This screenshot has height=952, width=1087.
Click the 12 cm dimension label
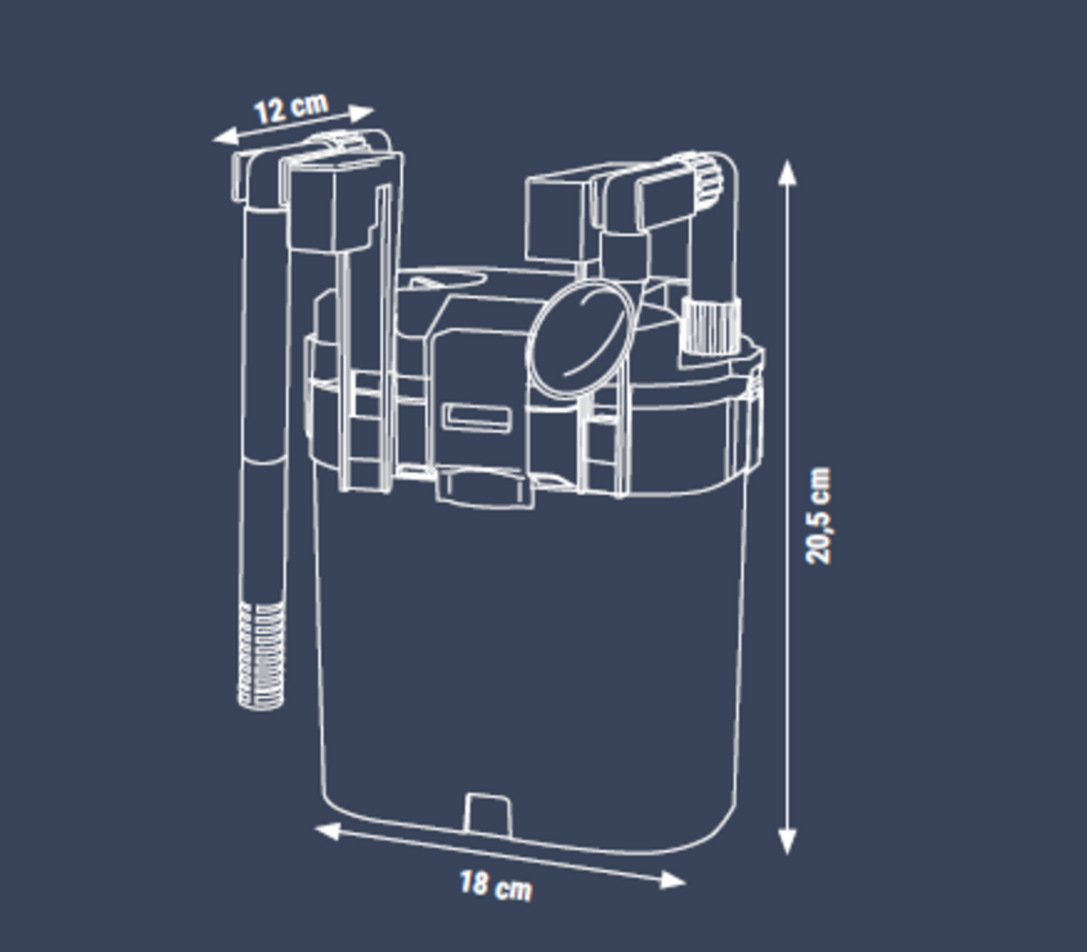(x=291, y=108)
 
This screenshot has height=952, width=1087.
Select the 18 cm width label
(x=495, y=885)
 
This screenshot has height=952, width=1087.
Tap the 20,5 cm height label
(x=818, y=515)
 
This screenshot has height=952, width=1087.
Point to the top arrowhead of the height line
(x=787, y=171)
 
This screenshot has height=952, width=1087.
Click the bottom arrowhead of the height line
(x=787, y=842)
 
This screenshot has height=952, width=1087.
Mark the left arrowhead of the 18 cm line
(x=327, y=831)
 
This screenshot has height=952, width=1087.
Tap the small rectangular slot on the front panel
(x=477, y=418)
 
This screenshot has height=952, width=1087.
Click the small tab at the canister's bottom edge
(x=487, y=815)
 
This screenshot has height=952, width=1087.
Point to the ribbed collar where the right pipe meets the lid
(x=711, y=324)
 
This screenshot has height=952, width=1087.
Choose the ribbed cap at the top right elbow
(x=704, y=180)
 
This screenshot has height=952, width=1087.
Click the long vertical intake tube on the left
(x=263, y=400)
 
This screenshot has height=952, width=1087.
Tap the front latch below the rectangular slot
(x=484, y=486)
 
